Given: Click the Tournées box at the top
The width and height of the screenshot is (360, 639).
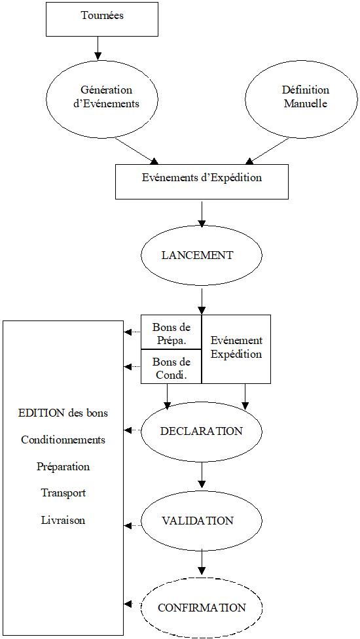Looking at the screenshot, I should click(102, 18).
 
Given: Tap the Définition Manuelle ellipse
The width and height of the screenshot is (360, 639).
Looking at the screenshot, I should click(302, 97).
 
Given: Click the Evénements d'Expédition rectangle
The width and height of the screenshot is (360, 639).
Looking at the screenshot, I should click(202, 181).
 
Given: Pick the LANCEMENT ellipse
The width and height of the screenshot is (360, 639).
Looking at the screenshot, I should click(202, 255).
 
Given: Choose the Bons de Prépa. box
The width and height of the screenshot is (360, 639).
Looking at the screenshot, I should click(171, 332).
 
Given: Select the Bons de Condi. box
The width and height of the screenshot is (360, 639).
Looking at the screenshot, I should click(171, 367).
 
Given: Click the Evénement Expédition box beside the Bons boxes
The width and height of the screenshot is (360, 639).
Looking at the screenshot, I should click(236, 349).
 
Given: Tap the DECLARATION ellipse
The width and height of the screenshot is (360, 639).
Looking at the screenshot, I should click(202, 432).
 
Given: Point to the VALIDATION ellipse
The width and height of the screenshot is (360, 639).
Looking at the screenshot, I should click(202, 521).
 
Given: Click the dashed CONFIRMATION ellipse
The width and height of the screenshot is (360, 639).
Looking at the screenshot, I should click(202, 608).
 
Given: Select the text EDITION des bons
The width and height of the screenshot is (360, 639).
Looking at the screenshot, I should click(63, 413).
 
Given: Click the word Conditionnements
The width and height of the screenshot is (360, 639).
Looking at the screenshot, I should click(63, 440).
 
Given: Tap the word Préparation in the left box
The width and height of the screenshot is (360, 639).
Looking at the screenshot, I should click(63, 467).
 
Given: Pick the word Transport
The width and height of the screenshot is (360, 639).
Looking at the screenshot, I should click(63, 493).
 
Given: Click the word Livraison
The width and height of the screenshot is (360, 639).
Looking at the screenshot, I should click(63, 521).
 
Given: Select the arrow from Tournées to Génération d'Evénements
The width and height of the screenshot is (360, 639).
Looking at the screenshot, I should click(98, 48).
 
